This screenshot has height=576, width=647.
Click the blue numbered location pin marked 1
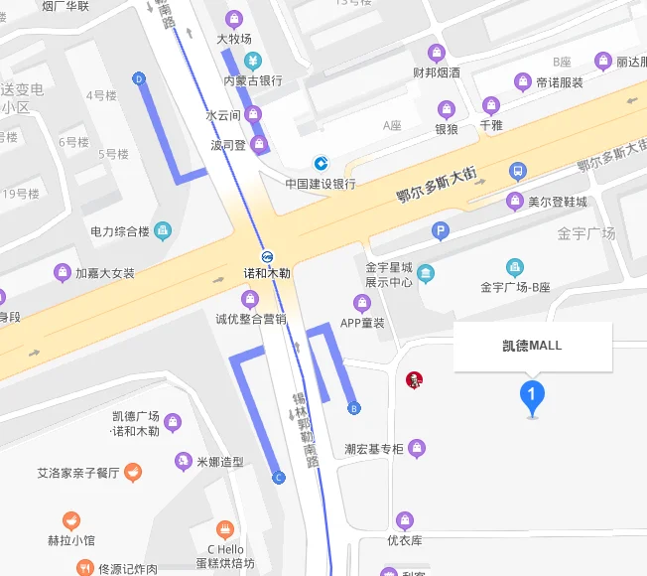(532, 397)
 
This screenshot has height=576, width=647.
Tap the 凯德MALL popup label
(531, 346)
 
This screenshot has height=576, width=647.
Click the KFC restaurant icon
(414, 379)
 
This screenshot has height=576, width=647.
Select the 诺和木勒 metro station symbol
(269, 255)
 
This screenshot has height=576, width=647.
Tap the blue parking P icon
(441, 232)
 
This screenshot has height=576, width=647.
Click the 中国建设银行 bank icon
(322, 163)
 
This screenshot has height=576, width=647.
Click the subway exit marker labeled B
(353, 407)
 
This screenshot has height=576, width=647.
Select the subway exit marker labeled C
(279, 479)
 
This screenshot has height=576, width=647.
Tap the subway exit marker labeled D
(138, 78)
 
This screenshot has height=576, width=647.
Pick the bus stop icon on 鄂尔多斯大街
(517, 171)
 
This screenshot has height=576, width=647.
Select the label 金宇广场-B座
(515, 288)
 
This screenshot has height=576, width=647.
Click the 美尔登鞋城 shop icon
(514, 202)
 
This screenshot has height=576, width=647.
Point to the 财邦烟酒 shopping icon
(437, 53)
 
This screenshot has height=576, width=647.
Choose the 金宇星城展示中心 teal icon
(425, 273)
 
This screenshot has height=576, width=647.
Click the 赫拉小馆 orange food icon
(70, 520)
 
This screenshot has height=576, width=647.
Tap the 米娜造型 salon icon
(183, 462)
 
